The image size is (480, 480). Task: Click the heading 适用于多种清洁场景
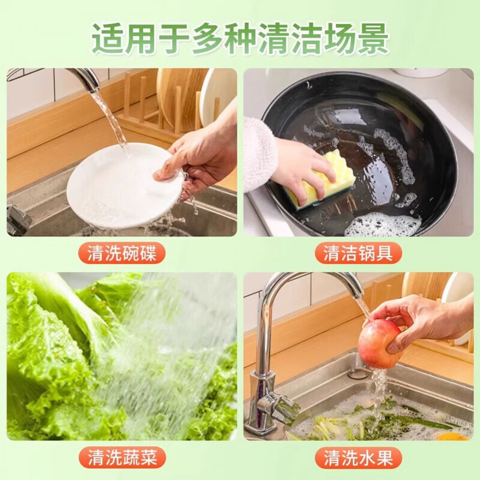coord(240,39)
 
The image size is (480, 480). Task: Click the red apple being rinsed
coord(380,344)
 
